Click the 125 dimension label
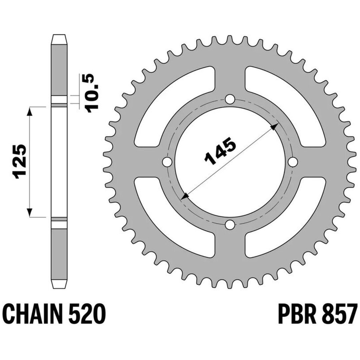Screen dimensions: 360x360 (20, 162)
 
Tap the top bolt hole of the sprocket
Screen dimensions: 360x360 (230, 100)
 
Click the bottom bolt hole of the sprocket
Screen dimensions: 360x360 (230, 225)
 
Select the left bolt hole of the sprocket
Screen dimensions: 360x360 (167, 162)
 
